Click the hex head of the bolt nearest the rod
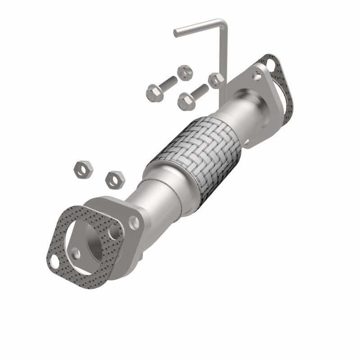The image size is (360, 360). coord(185,101)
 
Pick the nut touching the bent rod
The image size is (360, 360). coord(216,79)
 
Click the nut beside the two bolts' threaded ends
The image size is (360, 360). coord(184,72)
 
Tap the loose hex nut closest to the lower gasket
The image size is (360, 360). coord(114,179)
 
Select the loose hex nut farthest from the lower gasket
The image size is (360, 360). coord(83,170)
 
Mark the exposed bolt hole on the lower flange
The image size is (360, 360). coord(134,222)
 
